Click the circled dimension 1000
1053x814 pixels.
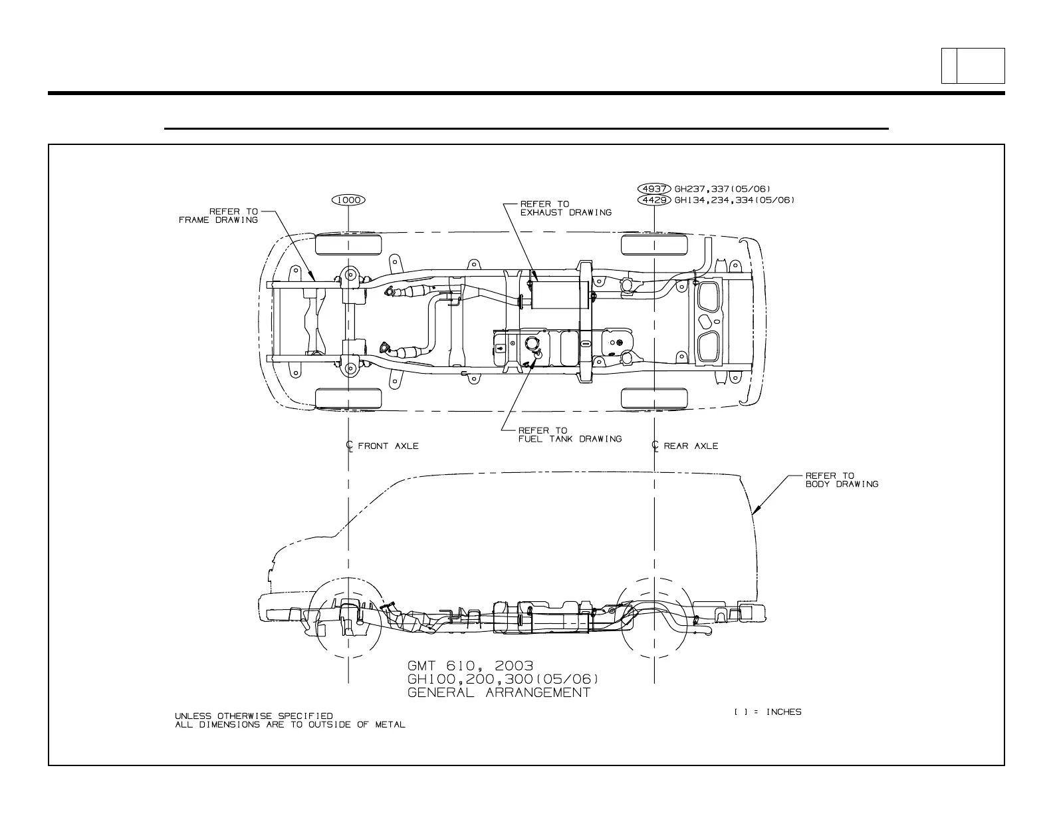(x=348, y=200)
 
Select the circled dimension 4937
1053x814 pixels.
(x=653, y=189)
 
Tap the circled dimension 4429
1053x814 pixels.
(x=653, y=200)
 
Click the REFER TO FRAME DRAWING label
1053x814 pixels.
(x=219, y=215)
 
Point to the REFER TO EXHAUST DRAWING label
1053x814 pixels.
(x=566, y=208)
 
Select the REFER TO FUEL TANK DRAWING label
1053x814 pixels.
(x=570, y=434)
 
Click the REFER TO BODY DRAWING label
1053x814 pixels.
(x=842, y=479)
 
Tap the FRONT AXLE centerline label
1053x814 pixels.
(x=388, y=446)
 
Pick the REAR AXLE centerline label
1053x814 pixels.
(x=691, y=446)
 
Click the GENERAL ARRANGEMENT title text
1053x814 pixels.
(x=499, y=692)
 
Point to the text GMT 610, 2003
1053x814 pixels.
(x=470, y=666)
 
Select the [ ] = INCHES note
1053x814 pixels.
(x=768, y=712)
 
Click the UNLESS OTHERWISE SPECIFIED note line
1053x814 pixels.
(x=253, y=716)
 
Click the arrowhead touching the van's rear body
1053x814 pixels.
(x=755, y=513)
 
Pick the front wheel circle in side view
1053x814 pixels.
(x=348, y=614)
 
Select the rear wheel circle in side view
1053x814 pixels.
(x=655, y=614)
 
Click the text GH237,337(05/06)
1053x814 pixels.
(x=723, y=189)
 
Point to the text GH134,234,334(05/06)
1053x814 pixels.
(x=734, y=200)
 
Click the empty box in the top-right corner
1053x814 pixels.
(x=980, y=66)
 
